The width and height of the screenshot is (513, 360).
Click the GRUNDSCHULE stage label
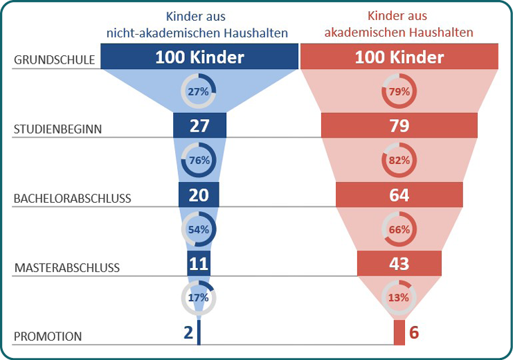54,60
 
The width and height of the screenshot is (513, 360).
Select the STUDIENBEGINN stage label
58,129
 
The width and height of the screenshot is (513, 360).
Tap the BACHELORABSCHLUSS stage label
72,199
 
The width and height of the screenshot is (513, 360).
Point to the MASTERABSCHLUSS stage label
66,267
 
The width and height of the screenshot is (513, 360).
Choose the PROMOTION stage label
47,336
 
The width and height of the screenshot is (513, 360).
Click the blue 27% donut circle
199,91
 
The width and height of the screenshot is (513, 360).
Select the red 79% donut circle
399,91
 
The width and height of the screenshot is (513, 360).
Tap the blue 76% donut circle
199,160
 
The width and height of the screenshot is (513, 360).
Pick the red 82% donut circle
399,160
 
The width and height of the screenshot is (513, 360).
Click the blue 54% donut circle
199,229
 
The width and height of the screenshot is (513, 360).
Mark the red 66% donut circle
399,229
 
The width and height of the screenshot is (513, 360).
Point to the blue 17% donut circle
199,298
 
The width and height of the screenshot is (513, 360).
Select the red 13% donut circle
399,298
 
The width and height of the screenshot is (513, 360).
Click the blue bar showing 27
199,125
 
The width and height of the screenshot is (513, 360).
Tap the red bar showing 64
399,195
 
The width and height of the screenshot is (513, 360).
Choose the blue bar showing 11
198,264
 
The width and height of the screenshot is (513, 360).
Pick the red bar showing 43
399,264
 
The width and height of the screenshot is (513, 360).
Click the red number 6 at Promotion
414,332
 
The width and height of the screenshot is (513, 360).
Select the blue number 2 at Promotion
188,332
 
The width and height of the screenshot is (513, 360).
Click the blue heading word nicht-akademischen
151,32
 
